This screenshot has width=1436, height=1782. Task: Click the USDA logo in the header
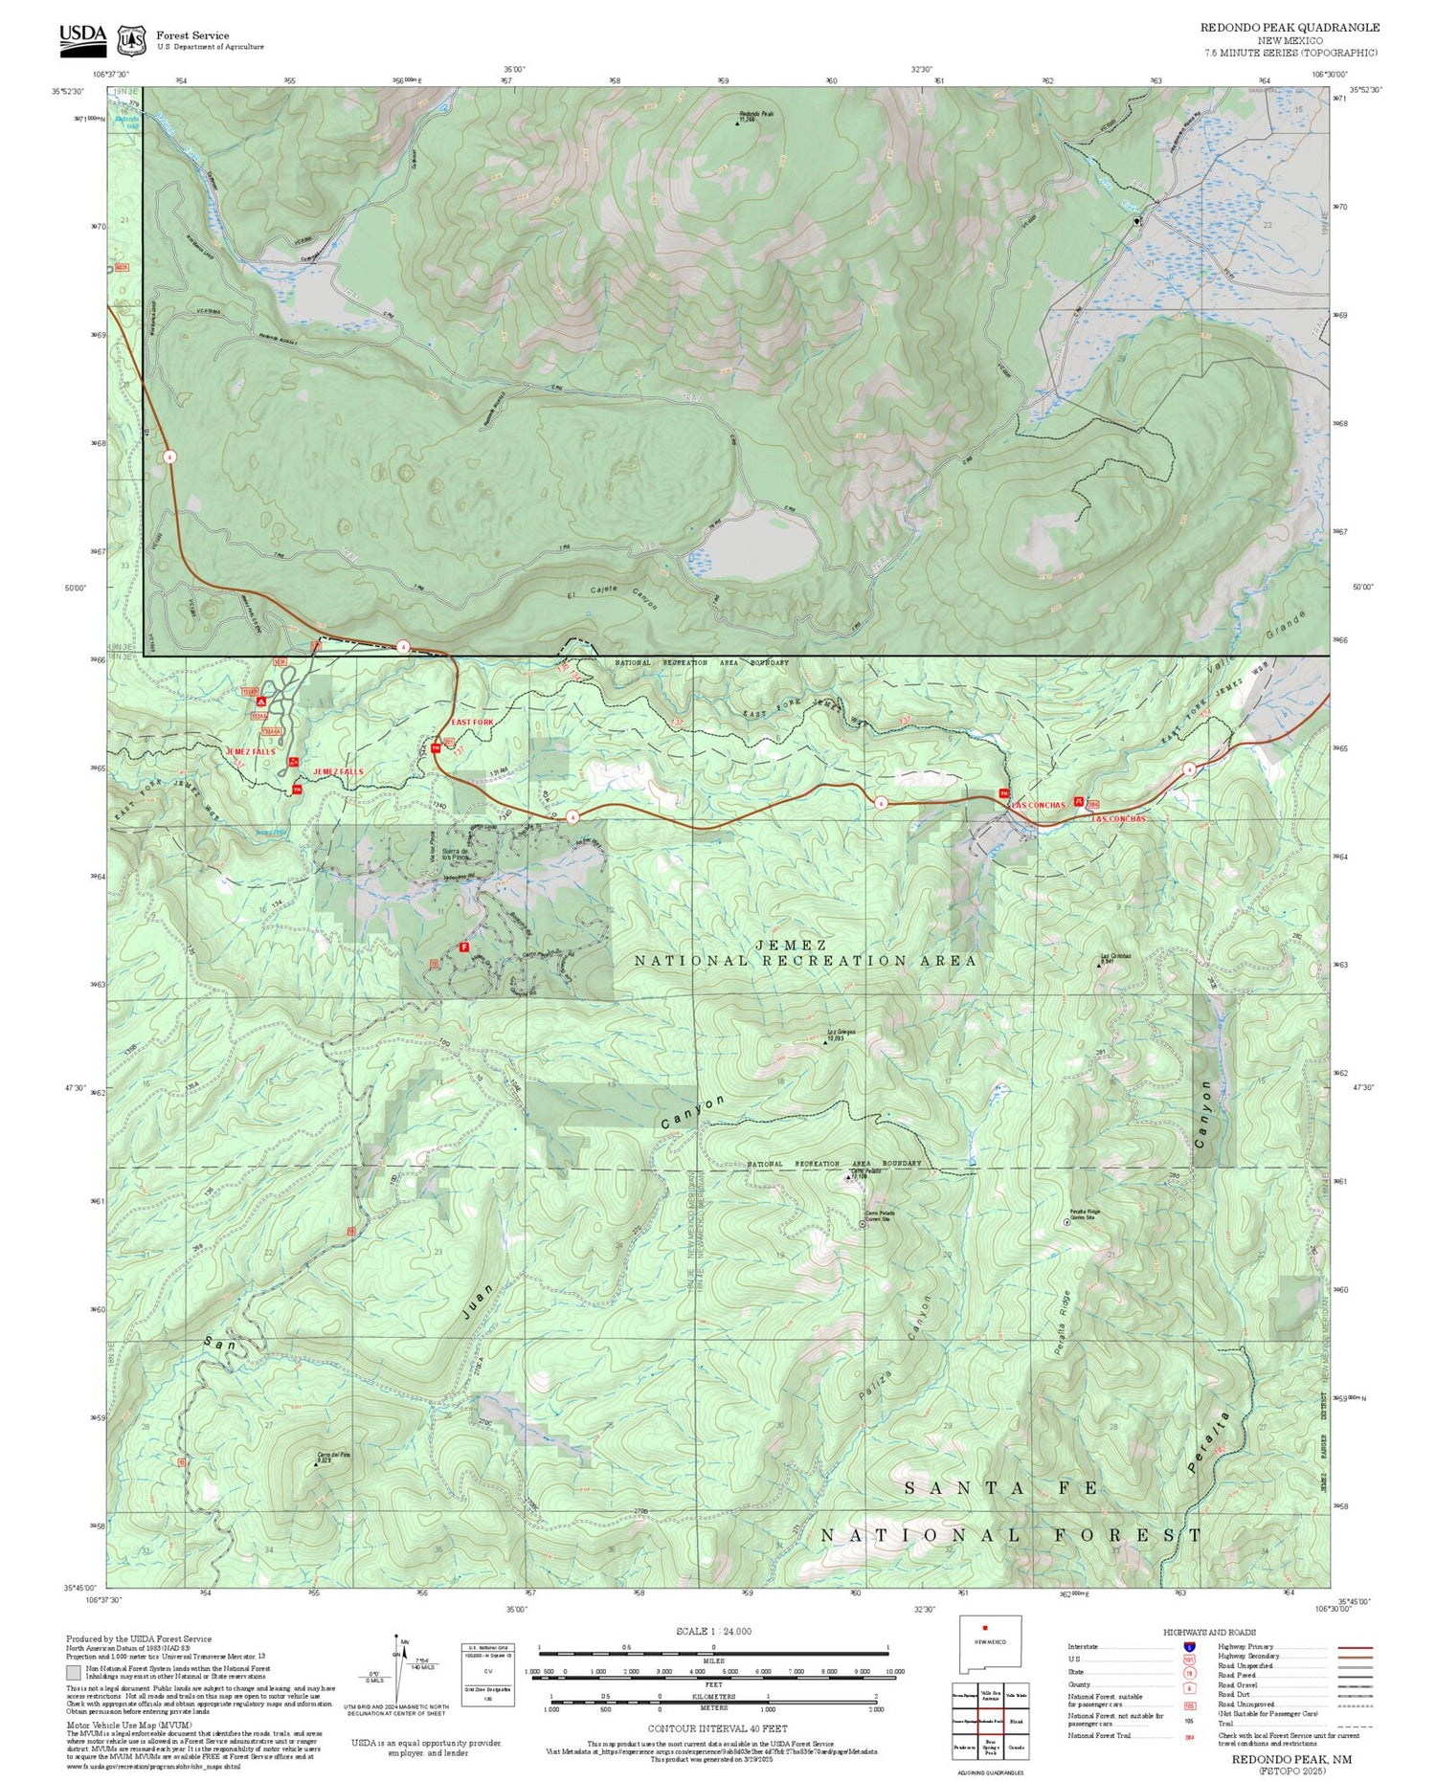(82, 35)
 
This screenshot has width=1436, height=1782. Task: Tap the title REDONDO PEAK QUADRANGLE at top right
(1290, 28)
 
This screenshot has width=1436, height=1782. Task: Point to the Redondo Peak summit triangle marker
(737, 123)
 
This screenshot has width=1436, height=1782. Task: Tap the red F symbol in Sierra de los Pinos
(464, 946)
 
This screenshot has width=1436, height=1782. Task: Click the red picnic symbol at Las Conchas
(1079, 802)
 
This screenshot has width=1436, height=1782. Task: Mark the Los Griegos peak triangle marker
(826, 1041)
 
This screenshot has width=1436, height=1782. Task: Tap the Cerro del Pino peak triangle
(317, 1464)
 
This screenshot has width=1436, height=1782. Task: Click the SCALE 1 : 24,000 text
(713, 1631)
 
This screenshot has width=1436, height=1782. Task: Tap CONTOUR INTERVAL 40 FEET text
(717, 1728)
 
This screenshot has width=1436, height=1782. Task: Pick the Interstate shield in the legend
(1188, 1646)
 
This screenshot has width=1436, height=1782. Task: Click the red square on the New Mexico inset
(983, 1627)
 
